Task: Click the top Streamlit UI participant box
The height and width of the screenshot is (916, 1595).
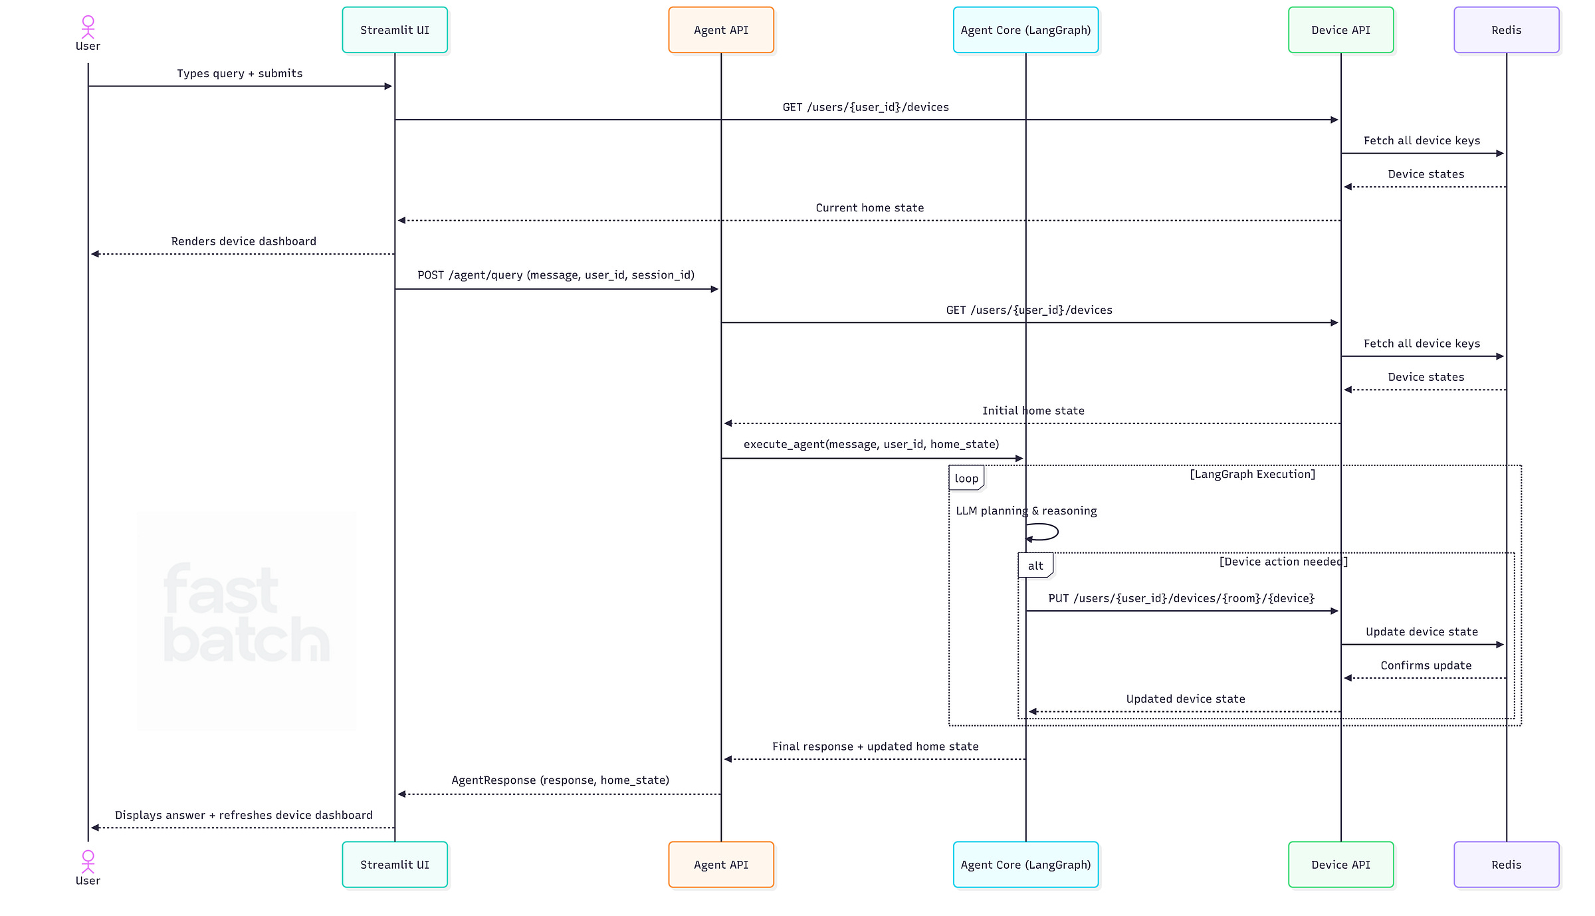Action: pos(395,30)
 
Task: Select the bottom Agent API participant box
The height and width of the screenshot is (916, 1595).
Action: pos(721,864)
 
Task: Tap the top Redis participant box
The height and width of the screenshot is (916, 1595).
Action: pos(1506,30)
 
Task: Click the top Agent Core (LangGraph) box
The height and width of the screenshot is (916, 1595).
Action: pos(1025,30)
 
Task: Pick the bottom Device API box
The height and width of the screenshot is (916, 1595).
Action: pos(1340,864)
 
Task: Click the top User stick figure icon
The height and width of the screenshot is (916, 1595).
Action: pos(88,27)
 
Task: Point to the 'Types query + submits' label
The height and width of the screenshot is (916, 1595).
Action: pos(239,74)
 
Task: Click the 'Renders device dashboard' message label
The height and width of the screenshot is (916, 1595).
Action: pos(243,241)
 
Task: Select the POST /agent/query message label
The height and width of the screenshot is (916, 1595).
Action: pos(556,275)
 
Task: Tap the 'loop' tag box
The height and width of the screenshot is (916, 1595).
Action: pos(966,478)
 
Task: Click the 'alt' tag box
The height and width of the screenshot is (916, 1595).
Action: pos(1035,566)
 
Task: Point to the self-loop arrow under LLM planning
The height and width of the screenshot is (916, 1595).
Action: pos(1043,532)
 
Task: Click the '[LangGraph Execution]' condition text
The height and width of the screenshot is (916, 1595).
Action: pos(1252,474)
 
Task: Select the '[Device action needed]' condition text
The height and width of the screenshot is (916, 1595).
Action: pos(1283,562)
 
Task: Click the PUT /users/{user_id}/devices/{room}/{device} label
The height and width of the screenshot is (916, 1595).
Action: pos(1181,598)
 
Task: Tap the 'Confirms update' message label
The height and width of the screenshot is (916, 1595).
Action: pos(1426,665)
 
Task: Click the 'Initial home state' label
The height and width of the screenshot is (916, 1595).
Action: pos(1033,411)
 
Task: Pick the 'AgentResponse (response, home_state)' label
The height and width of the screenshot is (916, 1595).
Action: pos(560,780)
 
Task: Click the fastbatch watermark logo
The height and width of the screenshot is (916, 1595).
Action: pos(247,615)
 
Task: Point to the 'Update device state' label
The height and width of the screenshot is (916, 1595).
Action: pos(1422,631)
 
